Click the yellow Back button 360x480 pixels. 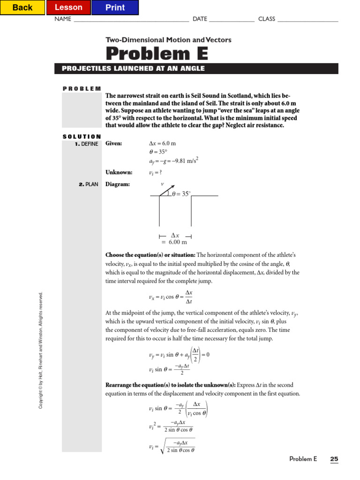(x=22, y=7)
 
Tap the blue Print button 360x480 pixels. (x=115, y=7)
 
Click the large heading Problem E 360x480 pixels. (x=157, y=53)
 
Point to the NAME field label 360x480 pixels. (x=63, y=19)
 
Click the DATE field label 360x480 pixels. (x=200, y=19)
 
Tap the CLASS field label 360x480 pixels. (x=267, y=19)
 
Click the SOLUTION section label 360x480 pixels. (x=82, y=136)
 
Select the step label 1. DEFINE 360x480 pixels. (x=86, y=144)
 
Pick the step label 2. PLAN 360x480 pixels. (x=88, y=185)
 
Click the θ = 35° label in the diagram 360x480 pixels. (x=181, y=193)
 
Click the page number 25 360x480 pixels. (x=334, y=459)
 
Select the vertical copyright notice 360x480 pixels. (x=41, y=350)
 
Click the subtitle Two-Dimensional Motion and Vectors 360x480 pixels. (x=168, y=40)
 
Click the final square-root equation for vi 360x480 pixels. (x=172, y=446)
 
